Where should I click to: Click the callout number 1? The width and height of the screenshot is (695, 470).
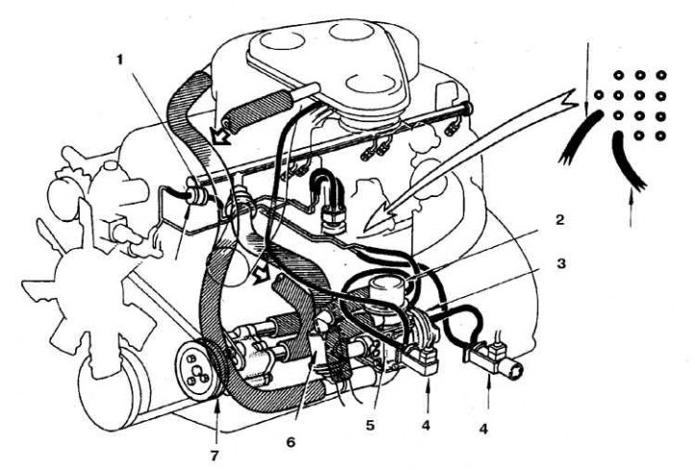pos(119,61)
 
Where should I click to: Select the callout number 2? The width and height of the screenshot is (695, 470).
pos(560,220)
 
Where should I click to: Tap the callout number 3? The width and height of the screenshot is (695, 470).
pos(561,263)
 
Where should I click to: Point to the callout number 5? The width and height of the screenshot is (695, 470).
pos(370,426)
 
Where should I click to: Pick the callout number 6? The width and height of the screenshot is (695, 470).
pos(290,442)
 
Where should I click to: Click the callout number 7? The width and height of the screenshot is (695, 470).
pos(215,455)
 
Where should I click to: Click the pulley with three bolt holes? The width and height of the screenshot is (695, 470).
pos(197,370)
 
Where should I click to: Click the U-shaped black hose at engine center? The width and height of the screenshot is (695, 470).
pos(326,180)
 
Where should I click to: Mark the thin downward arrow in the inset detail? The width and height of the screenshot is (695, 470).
pos(587,79)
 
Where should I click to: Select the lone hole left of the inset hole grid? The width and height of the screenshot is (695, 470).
pos(599,95)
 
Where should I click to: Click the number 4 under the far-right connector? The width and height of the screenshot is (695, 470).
pos(484,429)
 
